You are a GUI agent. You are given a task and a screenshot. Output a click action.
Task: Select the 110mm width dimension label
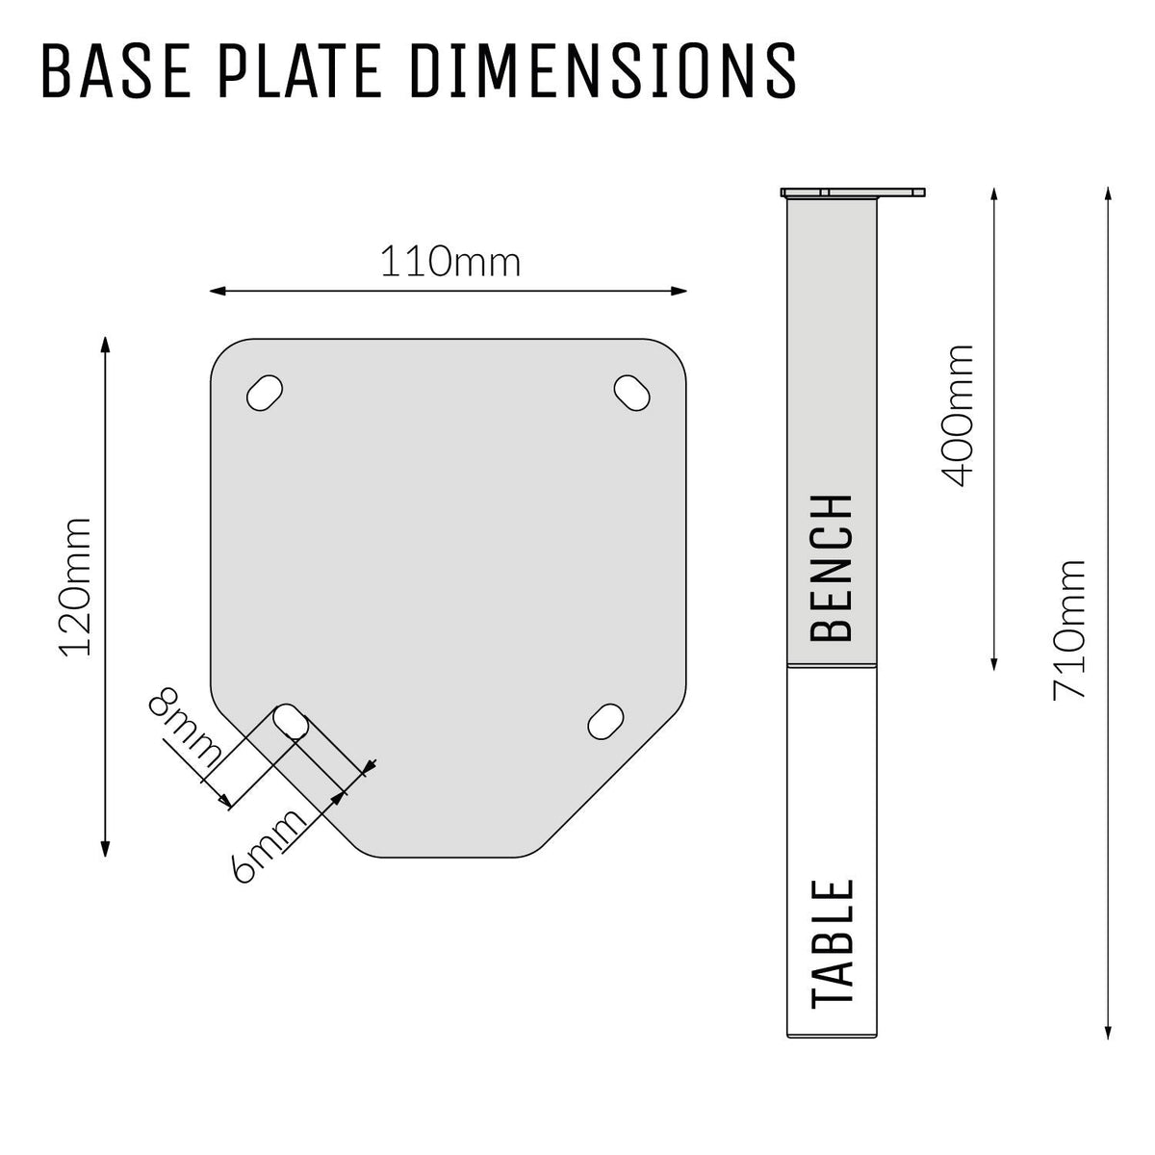(x=449, y=261)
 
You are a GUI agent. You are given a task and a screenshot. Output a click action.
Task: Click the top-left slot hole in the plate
(x=266, y=393)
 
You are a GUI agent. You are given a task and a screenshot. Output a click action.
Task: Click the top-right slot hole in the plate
(x=632, y=393)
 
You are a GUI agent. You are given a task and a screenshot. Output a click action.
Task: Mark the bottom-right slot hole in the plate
(x=605, y=721)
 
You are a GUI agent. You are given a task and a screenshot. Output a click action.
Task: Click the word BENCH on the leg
(x=833, y=568)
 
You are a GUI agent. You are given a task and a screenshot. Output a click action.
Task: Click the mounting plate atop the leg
(x=854, y=192)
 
